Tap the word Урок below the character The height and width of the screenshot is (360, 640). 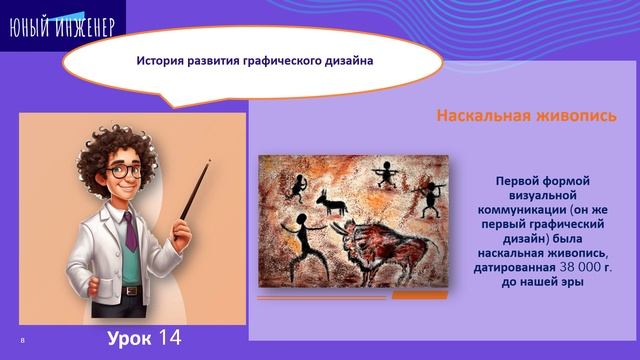130,338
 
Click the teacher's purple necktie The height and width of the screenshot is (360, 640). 131,231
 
